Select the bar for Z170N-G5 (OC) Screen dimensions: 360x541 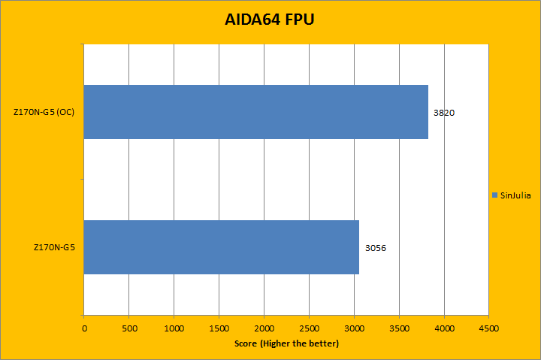tap(255, 112)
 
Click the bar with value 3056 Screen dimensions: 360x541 tap(221, 247)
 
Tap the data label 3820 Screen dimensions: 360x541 tap(444, 113)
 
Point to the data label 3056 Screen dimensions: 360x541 tap(375, 247)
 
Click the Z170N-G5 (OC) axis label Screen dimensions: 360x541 tap(44, 113)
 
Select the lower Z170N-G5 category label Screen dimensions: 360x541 tap(55, 247)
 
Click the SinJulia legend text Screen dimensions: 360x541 tap(515, 195)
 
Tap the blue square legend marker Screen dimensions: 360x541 tap(494, 195)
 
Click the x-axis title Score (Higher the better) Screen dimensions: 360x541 tap(286, 343)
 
